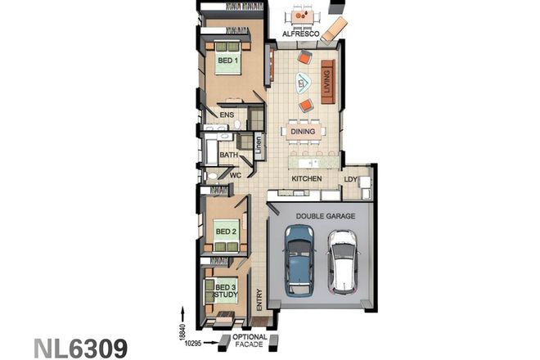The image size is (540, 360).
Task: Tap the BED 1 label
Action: coord(227,61)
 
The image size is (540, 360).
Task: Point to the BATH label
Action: coord(228,154)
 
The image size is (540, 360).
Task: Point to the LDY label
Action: coord(351,178)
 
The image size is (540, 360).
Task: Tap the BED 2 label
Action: coord(226,232)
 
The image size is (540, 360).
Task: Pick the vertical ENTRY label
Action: coord(259,299)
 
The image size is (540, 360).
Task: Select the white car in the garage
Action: coord(342,262)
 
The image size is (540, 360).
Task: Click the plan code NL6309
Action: coord(80,348)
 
